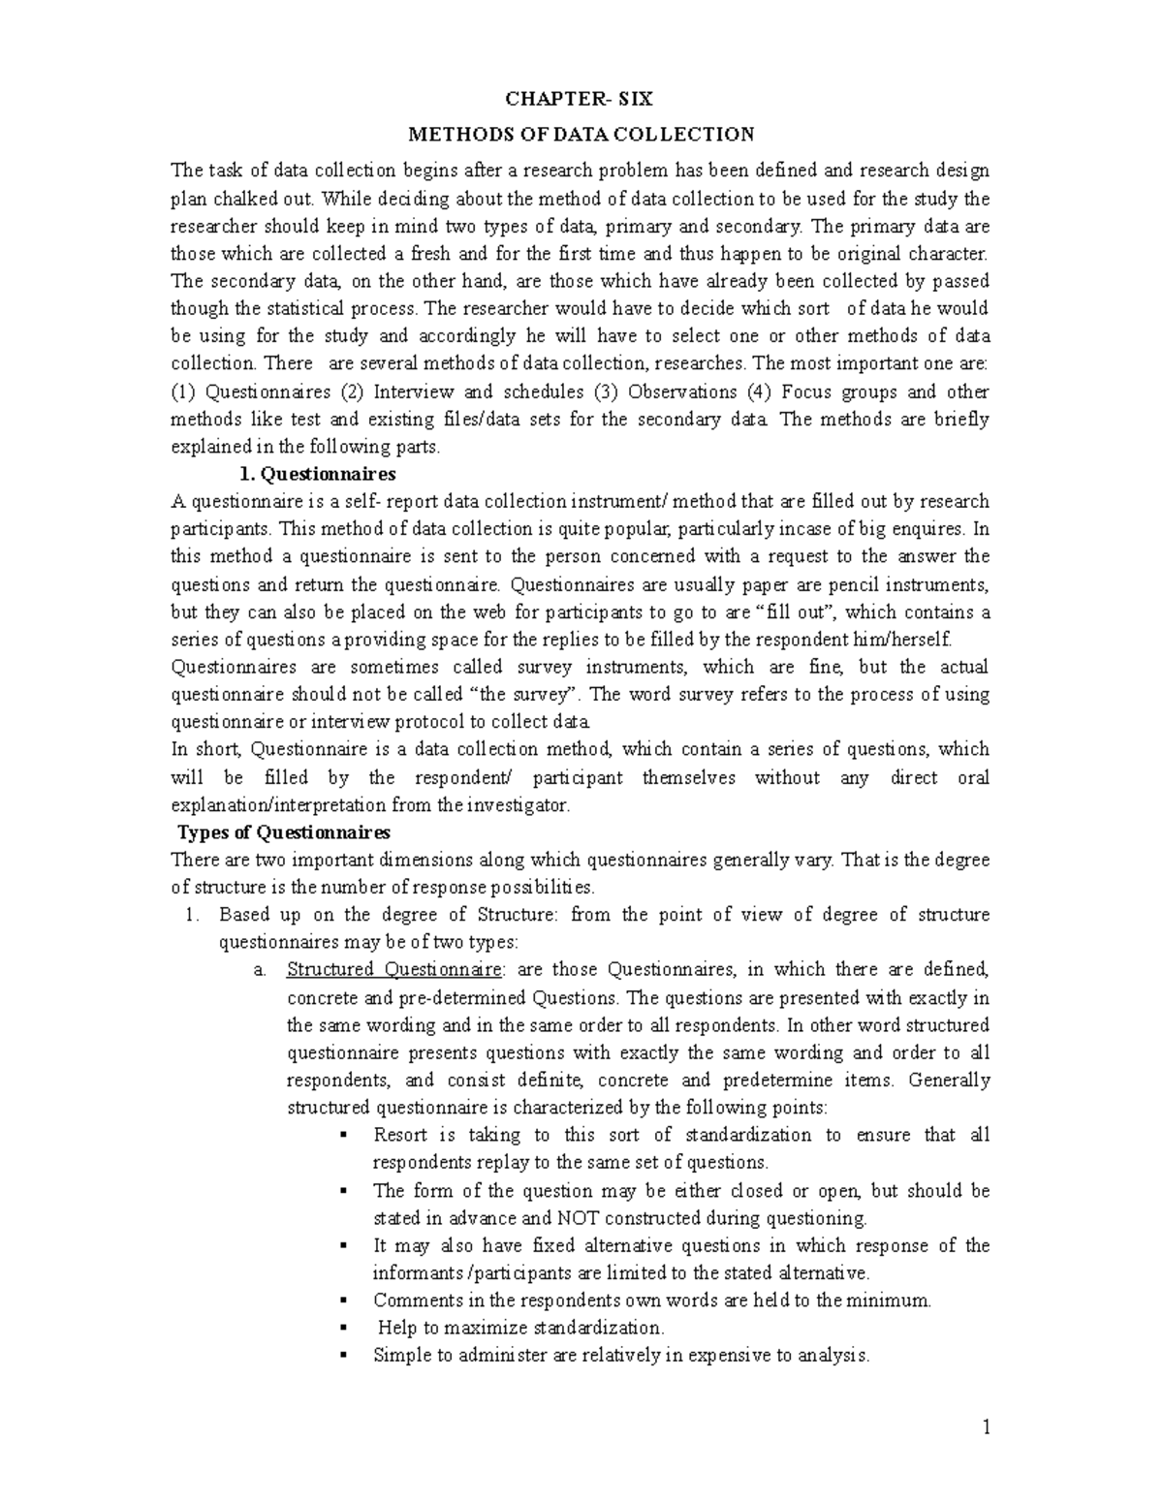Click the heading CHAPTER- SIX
click(x=581, y=98)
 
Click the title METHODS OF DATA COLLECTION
click(x=581, y=134)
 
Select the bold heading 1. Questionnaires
click(x=317, y=474)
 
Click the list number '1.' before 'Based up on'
click(x=192, y=915)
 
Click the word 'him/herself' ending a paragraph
click(x=906, y=640)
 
